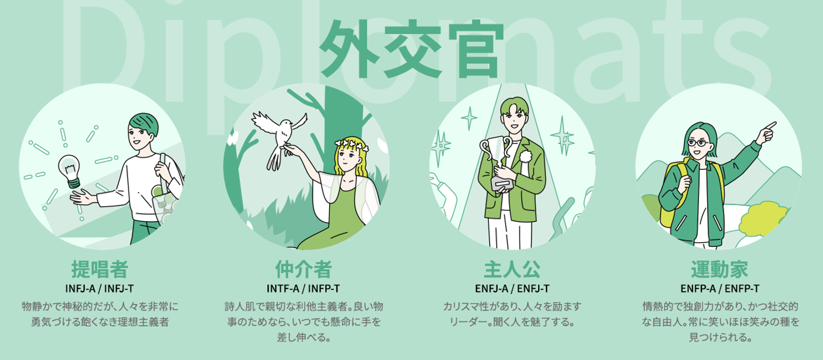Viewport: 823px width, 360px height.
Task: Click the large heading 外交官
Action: [411, 49]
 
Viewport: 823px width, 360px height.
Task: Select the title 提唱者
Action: [99, 269]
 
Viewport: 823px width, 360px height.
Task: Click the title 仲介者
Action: [303, 269]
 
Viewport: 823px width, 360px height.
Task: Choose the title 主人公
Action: [512, 269]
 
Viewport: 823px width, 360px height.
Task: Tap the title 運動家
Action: [720, 269]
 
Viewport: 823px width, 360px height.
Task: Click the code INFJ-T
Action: [119, 289]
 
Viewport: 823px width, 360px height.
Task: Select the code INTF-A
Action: [283, 289]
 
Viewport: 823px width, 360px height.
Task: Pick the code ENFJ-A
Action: [492, 289]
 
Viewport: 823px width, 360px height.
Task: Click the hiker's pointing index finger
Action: [771, 125]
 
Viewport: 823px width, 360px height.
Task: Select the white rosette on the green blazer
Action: [525, 156]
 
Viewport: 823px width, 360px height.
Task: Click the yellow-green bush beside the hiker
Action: [764, 219]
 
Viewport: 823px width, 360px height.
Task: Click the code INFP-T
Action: [323, 289]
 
